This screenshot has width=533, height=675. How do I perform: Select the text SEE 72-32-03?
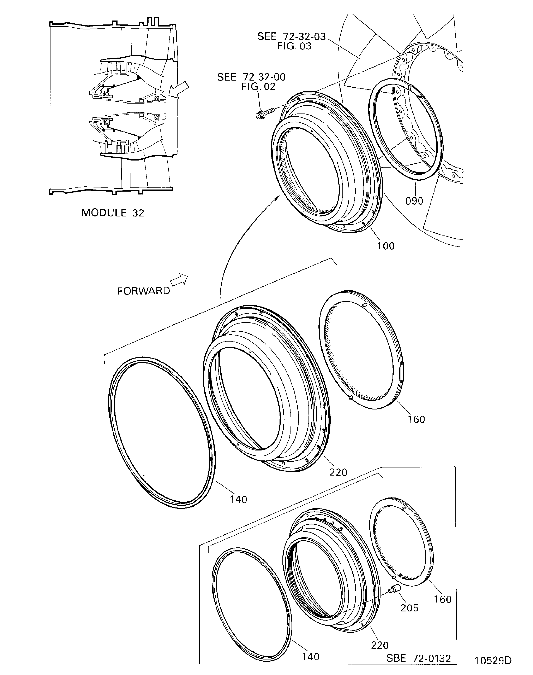point(292,36)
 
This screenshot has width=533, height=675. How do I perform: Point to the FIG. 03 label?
point(294,46)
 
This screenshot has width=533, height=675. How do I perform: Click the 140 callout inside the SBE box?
point(311,657)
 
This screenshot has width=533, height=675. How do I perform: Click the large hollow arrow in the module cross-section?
point(179,90)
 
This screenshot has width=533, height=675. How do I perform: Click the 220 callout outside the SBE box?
point(338,472)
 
